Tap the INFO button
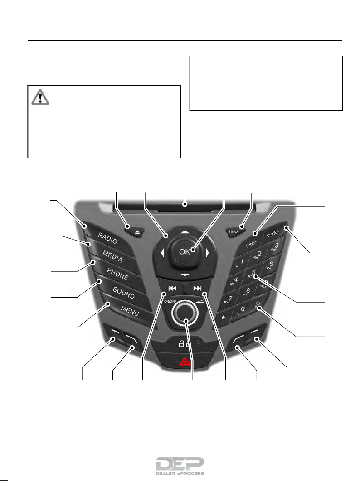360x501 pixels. click(x=234, y=232)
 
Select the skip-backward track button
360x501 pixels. click(x=170, y=288)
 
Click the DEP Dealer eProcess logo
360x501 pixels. click(x=180, y=465)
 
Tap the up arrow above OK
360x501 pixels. click(x=184, y=231)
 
